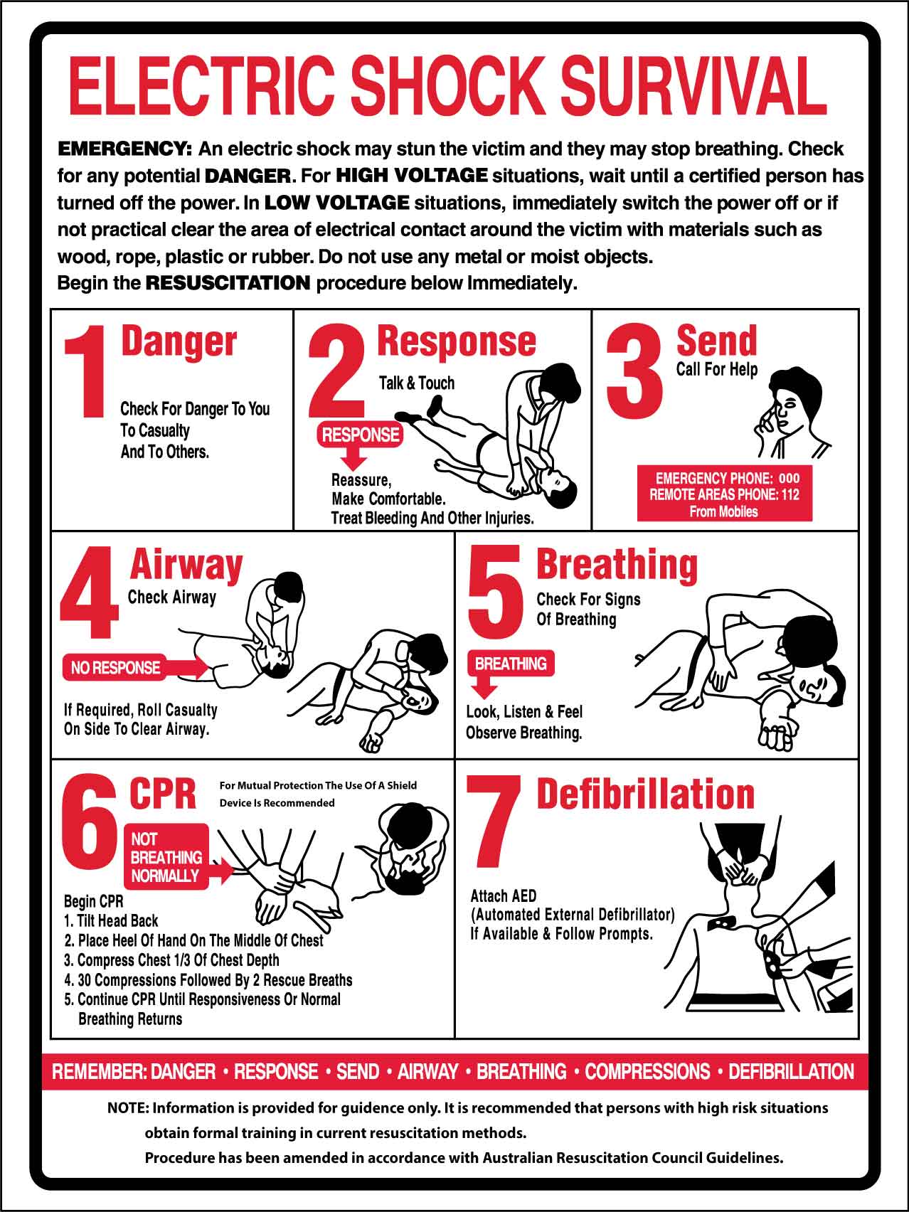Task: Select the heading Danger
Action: point(179,342)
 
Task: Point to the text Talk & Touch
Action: point(416,383)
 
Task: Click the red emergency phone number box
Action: point(724,494)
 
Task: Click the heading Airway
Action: point(186,565)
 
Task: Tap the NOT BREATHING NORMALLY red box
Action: point(167,857)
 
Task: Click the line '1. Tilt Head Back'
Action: point(111,920)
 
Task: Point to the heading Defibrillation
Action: point(645,794)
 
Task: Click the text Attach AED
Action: point(504,895)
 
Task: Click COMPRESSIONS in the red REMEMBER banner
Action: point(647,1071)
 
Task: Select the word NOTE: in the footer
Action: point(128,1107)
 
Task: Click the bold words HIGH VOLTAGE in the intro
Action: point(411,175)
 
